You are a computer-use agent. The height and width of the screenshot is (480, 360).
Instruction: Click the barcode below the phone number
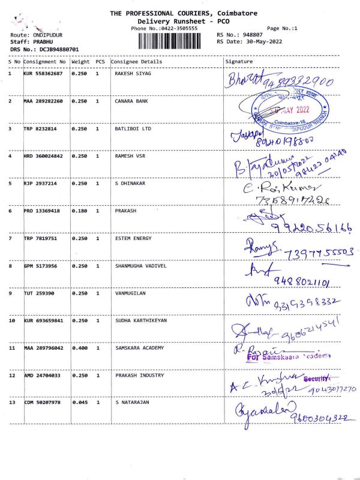pos(169,41)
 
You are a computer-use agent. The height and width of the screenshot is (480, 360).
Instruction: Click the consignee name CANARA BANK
pos(131,101)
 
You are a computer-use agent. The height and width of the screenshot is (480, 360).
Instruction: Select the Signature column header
pos(239,62)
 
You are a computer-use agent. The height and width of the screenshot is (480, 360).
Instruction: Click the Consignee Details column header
pos(136,62)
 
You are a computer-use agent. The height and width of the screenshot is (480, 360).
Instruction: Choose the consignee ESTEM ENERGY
pos(133,239)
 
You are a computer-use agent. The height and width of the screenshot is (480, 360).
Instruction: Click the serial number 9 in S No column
pos(10,293)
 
